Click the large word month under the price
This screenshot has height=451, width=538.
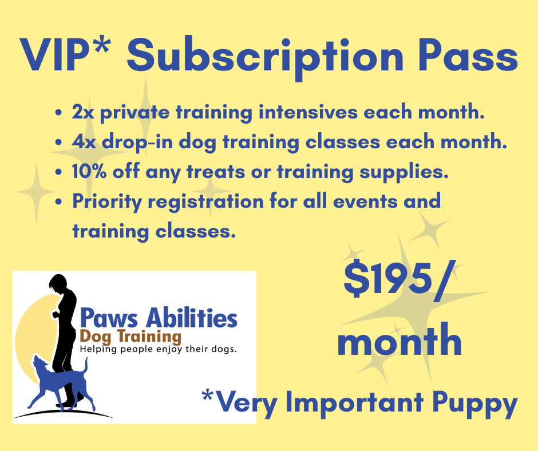tap(399, 341)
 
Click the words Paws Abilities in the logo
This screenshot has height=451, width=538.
tap(159, 318)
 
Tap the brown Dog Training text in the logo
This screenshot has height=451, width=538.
tap(130, 337)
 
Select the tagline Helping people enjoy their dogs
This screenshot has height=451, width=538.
tap(158, 349)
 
